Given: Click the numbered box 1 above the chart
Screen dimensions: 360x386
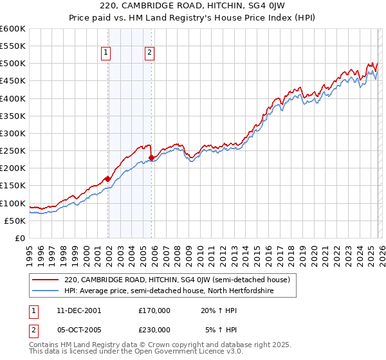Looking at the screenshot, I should [105, 53].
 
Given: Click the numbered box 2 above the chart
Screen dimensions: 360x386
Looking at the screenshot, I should [149, 53].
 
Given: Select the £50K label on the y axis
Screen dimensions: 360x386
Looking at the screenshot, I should [15, 221].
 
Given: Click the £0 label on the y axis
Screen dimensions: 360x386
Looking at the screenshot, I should [19, 238].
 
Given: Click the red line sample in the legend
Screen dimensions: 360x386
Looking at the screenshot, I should [46, 280].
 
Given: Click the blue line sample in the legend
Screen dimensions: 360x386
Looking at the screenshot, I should [46, 291].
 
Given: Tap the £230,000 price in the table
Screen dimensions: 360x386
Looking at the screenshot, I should [154, 329].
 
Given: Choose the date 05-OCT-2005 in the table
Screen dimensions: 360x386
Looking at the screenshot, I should [77, 329].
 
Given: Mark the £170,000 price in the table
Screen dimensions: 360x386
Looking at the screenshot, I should [154, 310].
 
